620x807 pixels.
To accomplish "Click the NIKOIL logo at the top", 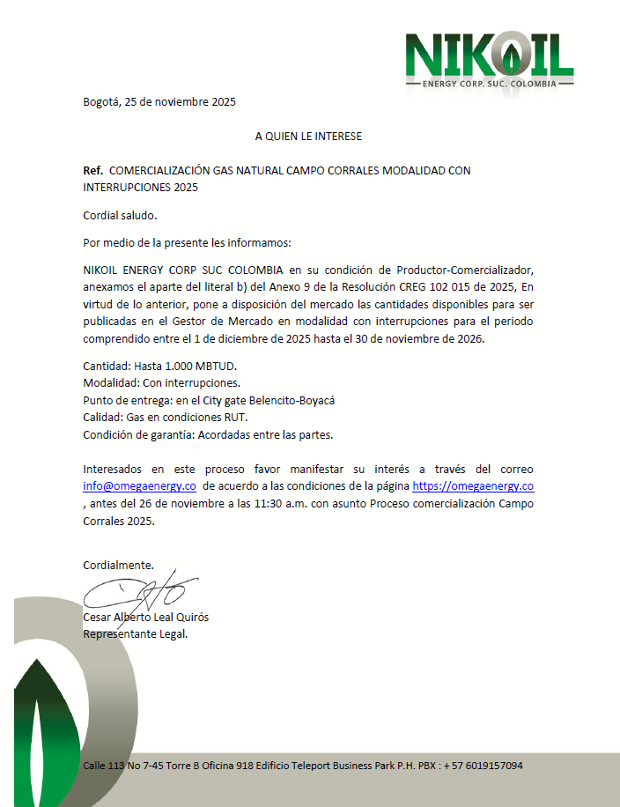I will click(490, 59).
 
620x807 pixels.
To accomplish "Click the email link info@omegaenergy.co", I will click(139, 486).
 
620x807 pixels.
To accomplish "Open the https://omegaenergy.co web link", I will click(473, 486).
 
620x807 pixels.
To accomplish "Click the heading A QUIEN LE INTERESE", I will click(308, 137).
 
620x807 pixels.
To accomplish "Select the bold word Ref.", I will click(92, 170).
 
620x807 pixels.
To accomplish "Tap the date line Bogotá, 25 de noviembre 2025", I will click(159, 101).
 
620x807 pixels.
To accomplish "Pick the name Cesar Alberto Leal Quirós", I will click(146, 617).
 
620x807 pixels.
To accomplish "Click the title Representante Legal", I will click(135, 633).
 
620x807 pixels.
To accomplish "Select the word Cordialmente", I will click(118, 565).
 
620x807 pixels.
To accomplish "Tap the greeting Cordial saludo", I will click(120, 215).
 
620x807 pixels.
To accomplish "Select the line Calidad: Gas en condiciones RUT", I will click(165, 417).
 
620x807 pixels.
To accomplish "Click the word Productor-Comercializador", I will click(465, 269).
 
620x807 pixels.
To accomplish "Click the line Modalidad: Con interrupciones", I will click(161, 383).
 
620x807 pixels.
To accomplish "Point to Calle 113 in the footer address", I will click(104, 766).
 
